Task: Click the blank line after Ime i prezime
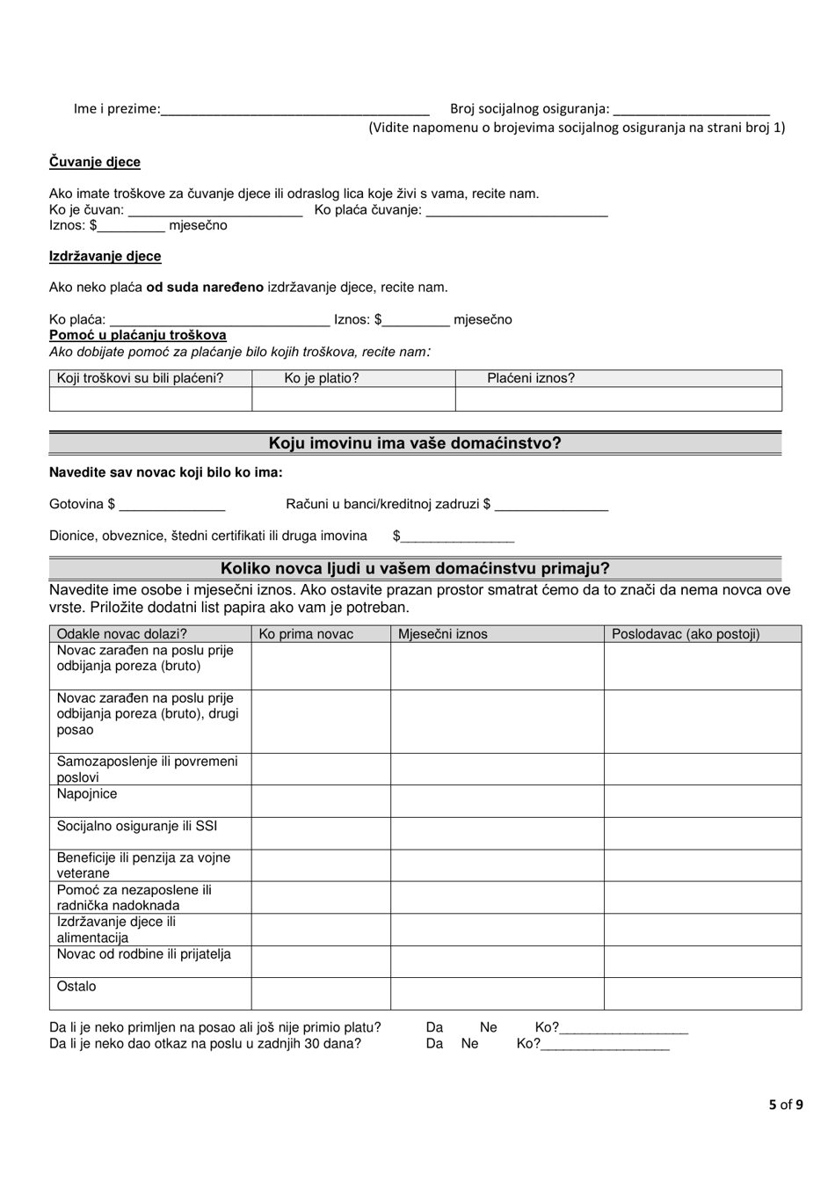(x=295, y=111)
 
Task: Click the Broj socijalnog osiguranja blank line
(x=691, y=111)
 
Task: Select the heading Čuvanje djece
(x=95, y=162)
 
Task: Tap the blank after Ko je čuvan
(x=215, y=212)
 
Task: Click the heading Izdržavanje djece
(x=105, y=256)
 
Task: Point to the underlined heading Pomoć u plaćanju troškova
(x=138, y=335)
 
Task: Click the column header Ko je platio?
(x=322, y=378)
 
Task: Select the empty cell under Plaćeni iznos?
(x=618, y=399)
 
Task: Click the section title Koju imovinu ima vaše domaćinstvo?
(x=415, y=443)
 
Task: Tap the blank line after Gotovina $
(x=172, y=506)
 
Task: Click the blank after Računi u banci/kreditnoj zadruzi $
(x=551, y=506)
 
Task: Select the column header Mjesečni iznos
(x=443, y=634)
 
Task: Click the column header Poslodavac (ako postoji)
(x=686, y=634)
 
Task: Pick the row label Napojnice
(x=87, y=794)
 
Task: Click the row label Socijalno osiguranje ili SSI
(x=137, y=826)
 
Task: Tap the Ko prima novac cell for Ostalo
(x=321, y=994)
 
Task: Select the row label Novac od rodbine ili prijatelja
(x=144, y=954)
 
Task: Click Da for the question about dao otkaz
(x=434, y=1044)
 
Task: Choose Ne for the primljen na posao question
(x=489, y=1027)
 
